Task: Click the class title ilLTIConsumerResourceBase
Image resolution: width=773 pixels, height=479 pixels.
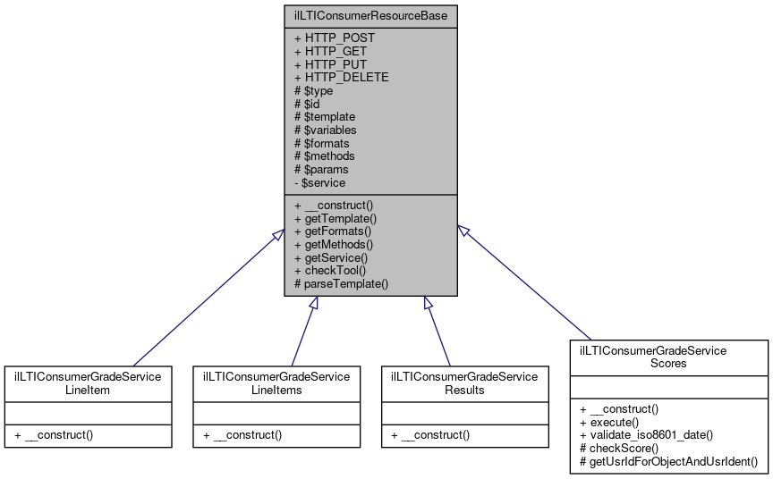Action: coord(371,15)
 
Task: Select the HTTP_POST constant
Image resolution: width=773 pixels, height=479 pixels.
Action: coord(335,38)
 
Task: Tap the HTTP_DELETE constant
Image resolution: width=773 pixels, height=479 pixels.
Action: coord(341,78)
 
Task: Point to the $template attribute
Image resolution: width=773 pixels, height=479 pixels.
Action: coord(325,117)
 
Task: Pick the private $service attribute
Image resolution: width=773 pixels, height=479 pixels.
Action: coord(319,182)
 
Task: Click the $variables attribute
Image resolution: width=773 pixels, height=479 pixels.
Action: coord(326,130)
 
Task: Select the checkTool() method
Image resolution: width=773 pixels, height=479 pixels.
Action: coord(330,271)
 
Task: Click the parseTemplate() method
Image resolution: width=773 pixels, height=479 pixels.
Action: coord(341,284)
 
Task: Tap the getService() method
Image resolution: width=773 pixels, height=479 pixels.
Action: coord(331,257)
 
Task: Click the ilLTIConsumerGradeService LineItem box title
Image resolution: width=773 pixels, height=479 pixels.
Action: coord(88,383)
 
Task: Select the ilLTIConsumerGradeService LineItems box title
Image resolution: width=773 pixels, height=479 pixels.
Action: coord(277,383)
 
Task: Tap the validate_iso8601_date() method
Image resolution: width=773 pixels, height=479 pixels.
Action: coord(645,435)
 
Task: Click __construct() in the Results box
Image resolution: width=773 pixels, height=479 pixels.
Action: coord(433,435)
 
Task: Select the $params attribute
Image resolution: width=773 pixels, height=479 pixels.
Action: coord(321,169)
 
